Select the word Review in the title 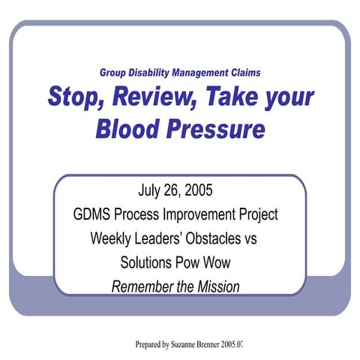click(x=153, y=98)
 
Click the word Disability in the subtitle click(x=154, y=73)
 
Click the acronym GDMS click(x=95, y=214)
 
